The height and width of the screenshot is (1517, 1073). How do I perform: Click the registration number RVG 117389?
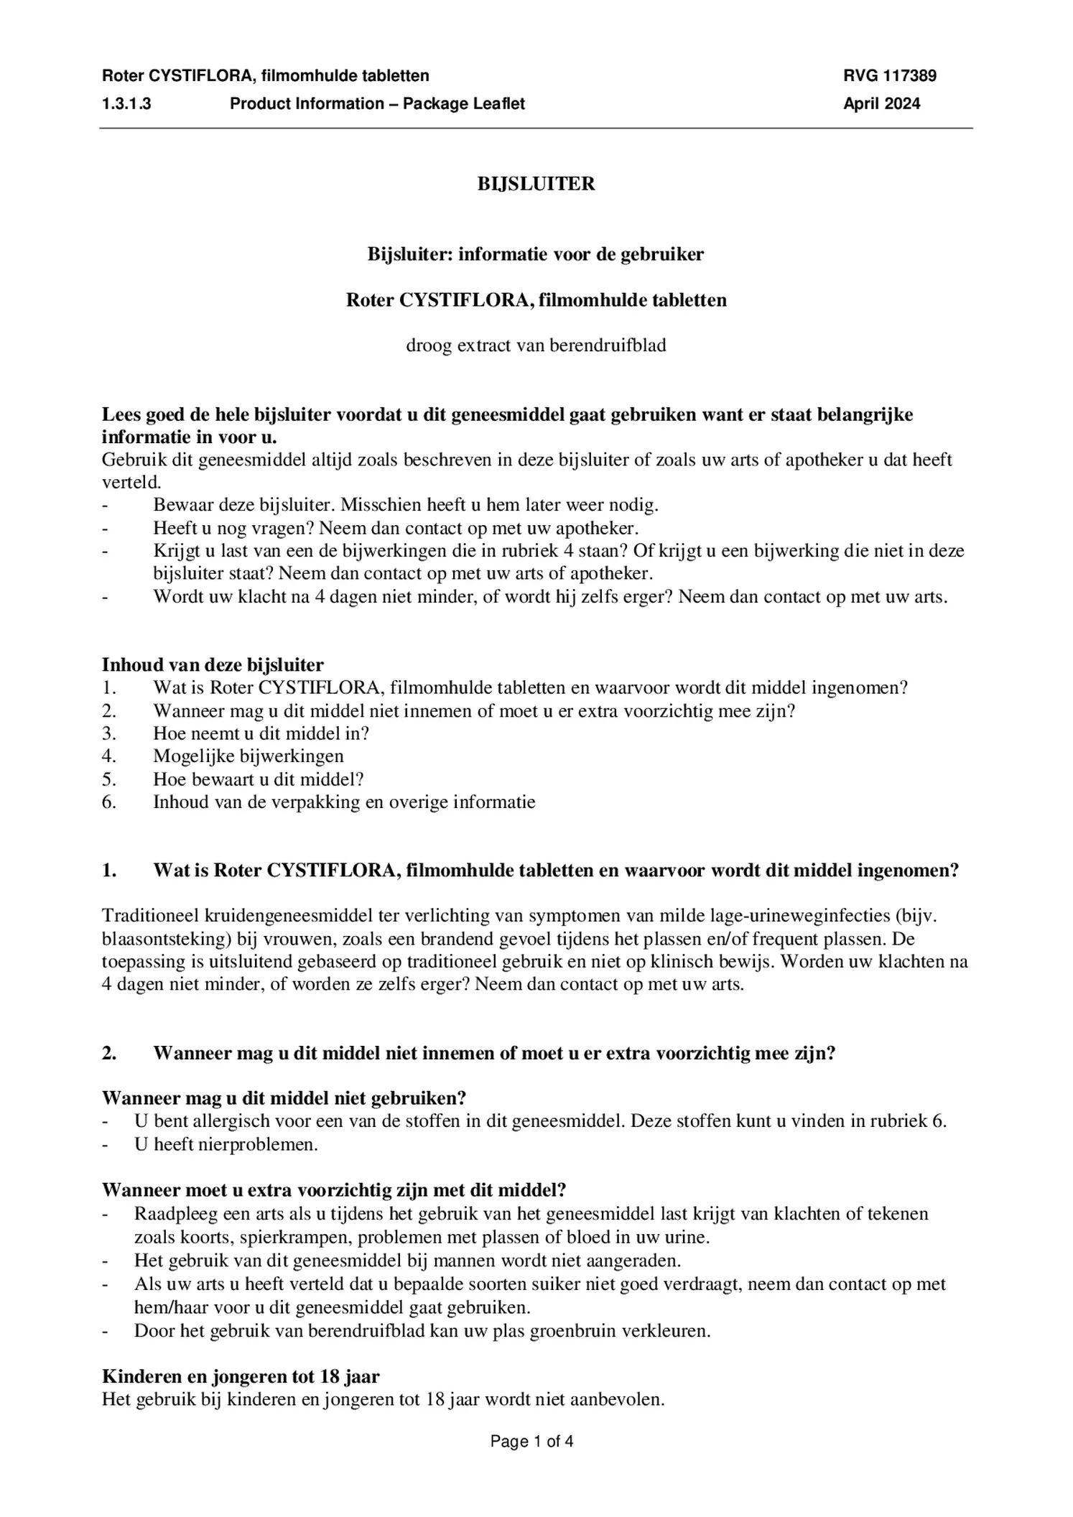[889, 75]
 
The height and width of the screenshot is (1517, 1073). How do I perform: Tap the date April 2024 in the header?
[881, 103]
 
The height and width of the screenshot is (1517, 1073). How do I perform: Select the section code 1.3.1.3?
[126, 103]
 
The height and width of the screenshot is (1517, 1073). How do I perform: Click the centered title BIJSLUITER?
[536, 184]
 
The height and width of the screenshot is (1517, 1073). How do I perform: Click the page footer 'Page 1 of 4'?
[531, 1441]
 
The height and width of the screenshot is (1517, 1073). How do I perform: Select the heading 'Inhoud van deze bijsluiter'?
[213, 664]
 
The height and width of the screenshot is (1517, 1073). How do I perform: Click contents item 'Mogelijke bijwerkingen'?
[248, 756]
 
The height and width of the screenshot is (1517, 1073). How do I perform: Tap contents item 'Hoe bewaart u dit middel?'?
[258, 779]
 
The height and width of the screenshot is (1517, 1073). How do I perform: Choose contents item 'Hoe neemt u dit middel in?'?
[261, 733]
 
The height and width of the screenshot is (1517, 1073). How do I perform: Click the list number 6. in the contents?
[109, 802]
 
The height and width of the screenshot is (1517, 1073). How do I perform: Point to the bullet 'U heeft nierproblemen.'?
[226, 1144]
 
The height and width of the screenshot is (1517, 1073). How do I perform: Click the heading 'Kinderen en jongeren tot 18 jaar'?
[241, 1377]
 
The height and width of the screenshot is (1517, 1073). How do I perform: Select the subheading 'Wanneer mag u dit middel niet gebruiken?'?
[284, 1098]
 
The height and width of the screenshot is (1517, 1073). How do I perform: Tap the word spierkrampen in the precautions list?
[295, 1238]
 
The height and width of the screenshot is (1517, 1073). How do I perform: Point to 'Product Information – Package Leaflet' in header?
[377, 103]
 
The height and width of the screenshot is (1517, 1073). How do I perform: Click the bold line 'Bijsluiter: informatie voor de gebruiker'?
[536, 254]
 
